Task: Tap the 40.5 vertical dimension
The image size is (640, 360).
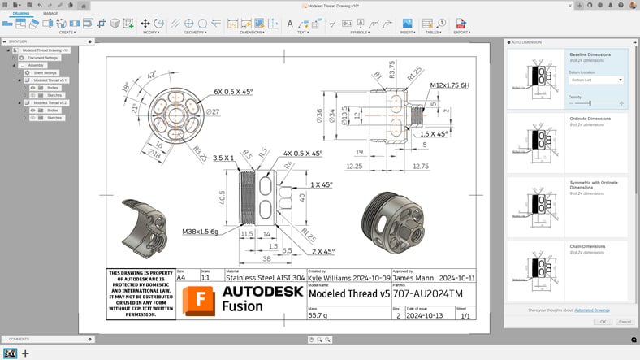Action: pyautogui.click(x=222, y=197)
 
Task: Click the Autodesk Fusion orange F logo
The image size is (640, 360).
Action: pyautogui.click(x=200, y=297)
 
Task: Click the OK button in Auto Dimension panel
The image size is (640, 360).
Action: pyautogui.click(x=603, y=322)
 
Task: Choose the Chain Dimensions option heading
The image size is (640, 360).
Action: pyautogui.click(x=589, y=245)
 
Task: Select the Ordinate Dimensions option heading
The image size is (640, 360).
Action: pyautogui.click(x=590, y=119)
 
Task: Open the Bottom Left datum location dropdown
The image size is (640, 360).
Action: pyautogui.click(x=595, y=80)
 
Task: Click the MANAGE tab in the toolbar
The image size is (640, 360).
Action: pyautogui.click(x=50, y=14)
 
